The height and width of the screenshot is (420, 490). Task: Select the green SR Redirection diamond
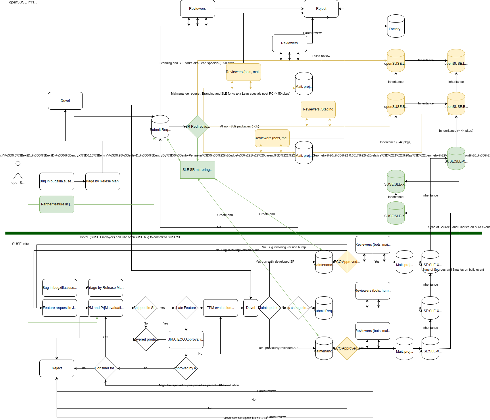pos(197,127)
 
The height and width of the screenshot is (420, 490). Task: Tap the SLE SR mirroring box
pos(197,170)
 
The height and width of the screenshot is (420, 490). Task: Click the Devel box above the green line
pos(65,101)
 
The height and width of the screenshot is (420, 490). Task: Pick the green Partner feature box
pos(57,204)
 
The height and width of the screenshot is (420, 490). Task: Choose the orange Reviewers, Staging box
pos(318,109)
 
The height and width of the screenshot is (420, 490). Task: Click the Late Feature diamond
pos(186,308)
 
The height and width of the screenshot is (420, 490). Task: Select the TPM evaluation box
pos(220,308)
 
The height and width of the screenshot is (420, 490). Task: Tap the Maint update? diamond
pos(269,308)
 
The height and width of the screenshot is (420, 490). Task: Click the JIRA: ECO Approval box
pos(186,339)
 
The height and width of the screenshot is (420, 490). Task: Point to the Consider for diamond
pos(105,368)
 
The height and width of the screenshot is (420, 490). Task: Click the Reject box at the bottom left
pos(57,368)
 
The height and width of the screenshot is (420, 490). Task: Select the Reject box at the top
pos(321,9)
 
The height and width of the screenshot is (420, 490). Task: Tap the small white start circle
pos(18,163)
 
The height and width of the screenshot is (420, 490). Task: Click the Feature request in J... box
pos(59,308)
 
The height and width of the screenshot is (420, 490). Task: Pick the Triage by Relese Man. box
pos(103,181)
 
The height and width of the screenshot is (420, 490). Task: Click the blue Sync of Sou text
pos(430,270)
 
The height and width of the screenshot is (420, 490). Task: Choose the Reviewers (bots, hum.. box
pos(373,291)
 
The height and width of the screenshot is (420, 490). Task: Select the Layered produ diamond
pos(146,339)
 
